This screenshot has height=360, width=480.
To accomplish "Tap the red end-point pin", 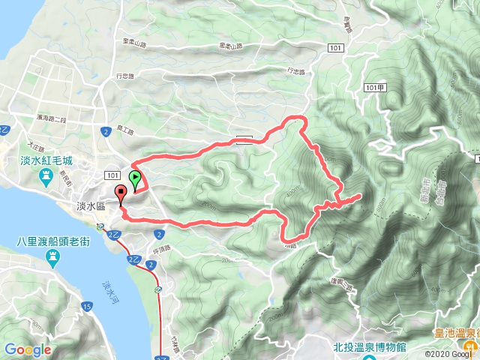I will click(x=121, y=195).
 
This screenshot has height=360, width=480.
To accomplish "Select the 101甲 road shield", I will click(x=378, y=88).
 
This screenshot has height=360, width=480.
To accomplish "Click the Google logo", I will click(x=27, y=349).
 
